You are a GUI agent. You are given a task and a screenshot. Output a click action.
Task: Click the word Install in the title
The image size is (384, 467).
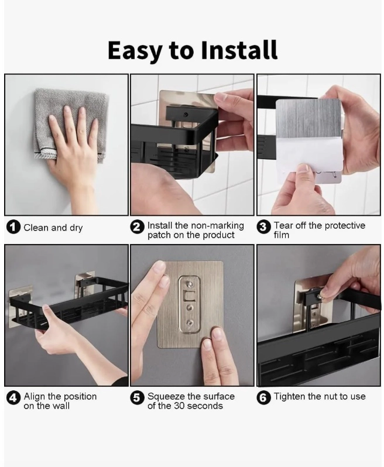coord(239,50)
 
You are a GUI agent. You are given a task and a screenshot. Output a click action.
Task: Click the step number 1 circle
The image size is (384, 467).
coord(13,228)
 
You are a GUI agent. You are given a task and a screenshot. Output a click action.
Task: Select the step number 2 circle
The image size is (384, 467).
coord(137,227)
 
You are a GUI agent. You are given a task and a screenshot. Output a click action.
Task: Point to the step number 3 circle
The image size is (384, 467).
coord(263,227)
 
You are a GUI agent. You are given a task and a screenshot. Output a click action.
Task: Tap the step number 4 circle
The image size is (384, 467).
coord(13,398)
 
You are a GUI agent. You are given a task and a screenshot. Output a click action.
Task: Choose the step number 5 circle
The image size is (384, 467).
coord(137,398)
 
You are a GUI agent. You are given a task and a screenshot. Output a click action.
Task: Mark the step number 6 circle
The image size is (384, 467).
coord(263,398)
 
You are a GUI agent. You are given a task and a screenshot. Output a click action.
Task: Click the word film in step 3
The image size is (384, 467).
coord(282,235)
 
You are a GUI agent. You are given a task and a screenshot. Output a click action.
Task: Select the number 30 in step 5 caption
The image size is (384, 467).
coord(180,406)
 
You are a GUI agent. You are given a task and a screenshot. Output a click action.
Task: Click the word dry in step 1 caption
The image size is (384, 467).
coord(76,228)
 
